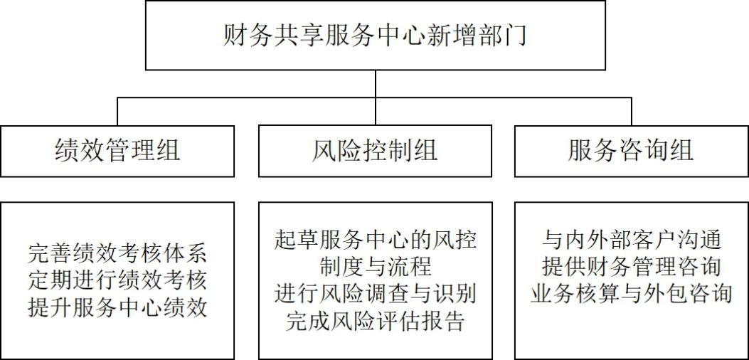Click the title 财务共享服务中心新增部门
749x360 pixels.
coord(375,35)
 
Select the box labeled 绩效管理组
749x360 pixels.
coord(117,151)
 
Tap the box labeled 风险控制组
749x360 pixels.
coord(375,151)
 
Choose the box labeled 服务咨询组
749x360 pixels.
coord(631,151)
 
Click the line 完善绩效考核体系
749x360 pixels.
coord(117,253)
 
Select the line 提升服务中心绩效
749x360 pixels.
coord(117,307)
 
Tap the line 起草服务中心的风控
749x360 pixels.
coord(375,239)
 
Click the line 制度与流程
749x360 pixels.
coord(375,267)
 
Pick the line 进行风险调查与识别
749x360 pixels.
coord(375,294)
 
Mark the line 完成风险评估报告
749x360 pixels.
coord(375,322)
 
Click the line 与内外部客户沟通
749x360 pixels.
coord(631,239)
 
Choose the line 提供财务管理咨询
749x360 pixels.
coord(631,267)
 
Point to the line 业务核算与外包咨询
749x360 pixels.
coord(631,294)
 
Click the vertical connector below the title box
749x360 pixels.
coord(376,84)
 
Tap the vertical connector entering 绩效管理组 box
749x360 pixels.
coord(118,112)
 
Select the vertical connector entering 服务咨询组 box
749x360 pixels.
coord(631,112)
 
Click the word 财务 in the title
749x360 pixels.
coord(250,35)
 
